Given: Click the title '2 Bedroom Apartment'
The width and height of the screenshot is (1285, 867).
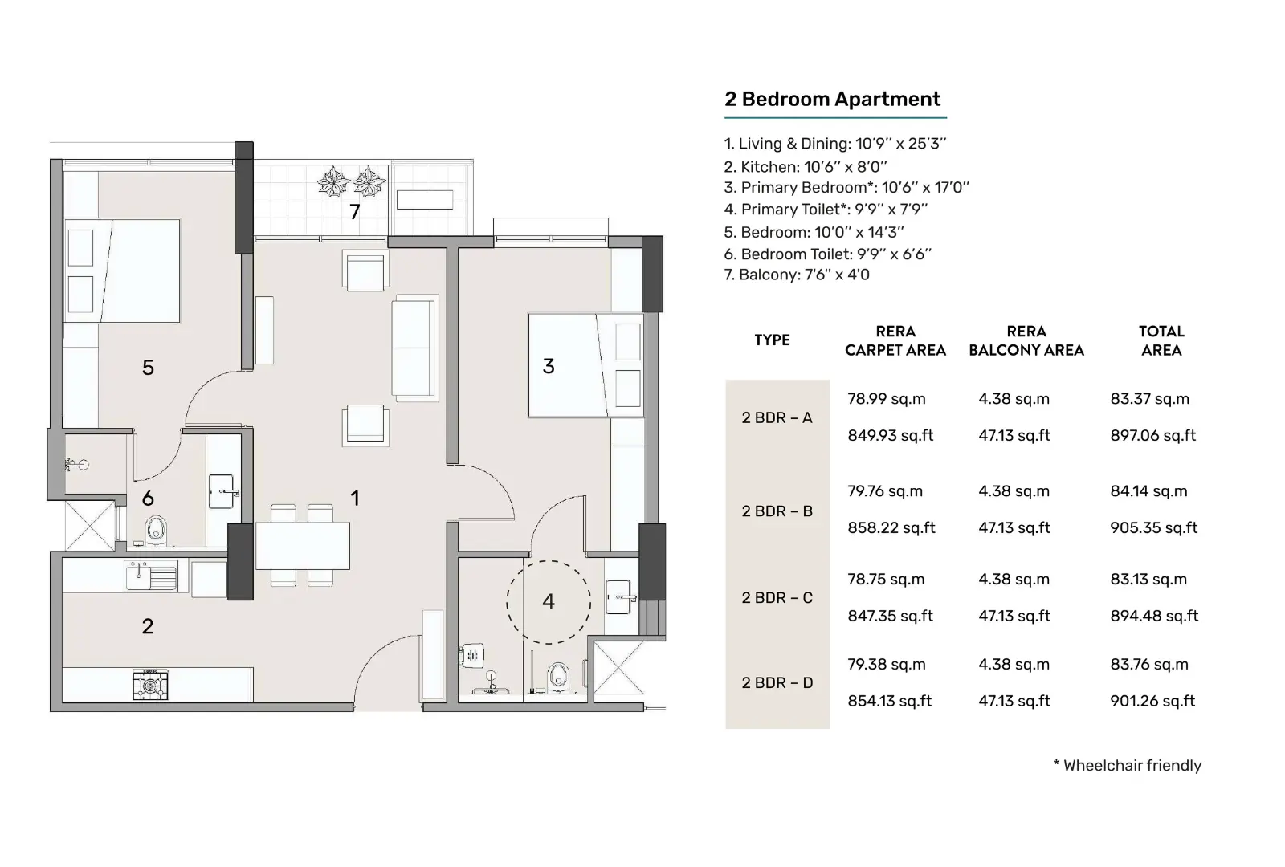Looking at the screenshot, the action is tap(832, 100).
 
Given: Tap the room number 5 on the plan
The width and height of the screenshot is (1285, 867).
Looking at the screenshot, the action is tap(148, 368).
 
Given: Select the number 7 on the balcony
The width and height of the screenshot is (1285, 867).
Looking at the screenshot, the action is tap(354, 212).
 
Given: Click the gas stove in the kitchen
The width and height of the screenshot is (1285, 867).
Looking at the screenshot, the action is tap(150, 685).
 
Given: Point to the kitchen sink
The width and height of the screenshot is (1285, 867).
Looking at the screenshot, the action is tap(151, 576).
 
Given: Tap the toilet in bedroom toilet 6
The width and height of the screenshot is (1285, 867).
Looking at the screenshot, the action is tap(156, 531).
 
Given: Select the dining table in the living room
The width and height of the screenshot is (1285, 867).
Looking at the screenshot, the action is tap(302, 545).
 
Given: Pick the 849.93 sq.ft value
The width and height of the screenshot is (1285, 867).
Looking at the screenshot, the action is tap(891, 435).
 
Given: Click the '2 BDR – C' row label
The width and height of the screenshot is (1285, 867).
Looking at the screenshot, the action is tap(777, 597).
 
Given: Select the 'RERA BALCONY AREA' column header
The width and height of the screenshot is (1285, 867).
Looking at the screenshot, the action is tap(1026, 340).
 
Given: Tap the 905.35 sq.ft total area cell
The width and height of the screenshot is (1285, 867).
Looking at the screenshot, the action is tap(1153, 527).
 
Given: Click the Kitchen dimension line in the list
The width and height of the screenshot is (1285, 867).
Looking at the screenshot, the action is tap(805, 167).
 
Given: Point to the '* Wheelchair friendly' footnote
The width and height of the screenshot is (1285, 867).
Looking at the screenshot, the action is tap(1128, 766).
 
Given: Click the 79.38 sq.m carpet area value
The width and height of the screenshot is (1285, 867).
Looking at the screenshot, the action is tap(887, 664).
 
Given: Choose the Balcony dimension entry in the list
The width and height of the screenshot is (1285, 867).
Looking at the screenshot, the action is tap(796, 275).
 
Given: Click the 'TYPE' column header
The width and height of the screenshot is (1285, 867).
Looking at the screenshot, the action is tap(772, 340).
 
